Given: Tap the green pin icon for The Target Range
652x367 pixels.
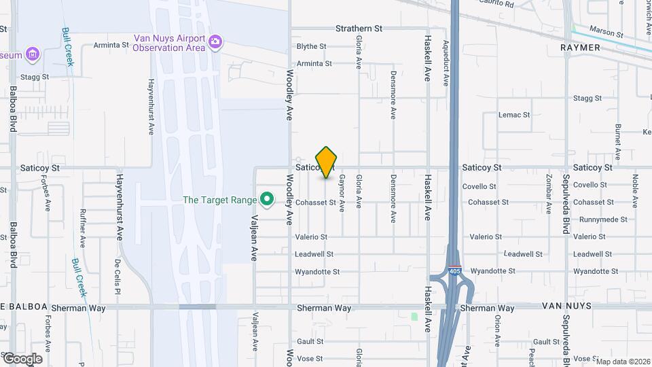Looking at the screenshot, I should click(x=268, y=199).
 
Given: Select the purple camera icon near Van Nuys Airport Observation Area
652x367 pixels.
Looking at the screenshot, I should click(x=215, y=43).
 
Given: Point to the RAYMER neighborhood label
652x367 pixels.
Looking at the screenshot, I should click(x=581, y=48).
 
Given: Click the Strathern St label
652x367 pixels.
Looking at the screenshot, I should click(x=359, y=29).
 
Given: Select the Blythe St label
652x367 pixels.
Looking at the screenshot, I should click(x=312, y=47).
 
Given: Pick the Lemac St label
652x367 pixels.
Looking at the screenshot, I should click(x=513, y=115).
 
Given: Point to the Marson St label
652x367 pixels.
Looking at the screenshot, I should click(x=606, y=33).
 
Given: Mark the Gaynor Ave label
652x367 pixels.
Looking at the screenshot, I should click(x=342, y=194).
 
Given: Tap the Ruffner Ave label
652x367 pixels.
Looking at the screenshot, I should click(x=82, y=227).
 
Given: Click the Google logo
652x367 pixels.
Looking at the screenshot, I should click(x=22, y=358).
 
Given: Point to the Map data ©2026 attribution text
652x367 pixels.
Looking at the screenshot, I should click(x=622, y=362).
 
